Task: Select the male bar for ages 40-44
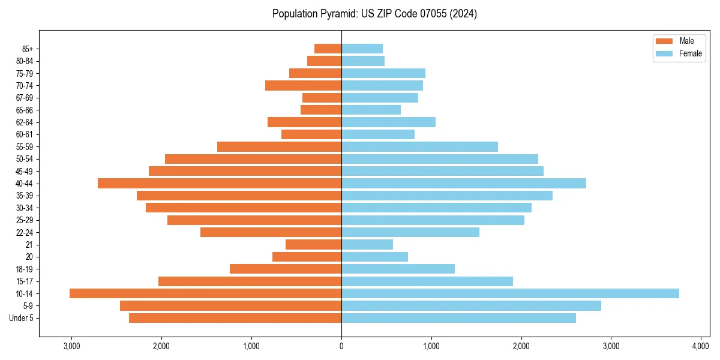(220, 183)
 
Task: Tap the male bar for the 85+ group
(328, 49)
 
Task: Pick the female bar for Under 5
(458, 318)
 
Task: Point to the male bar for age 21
(313, 244)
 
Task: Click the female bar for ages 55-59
(419, 146)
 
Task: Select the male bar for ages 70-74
(303, 85)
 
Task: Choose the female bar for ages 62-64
(388, 122)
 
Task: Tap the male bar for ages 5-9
(230, 305)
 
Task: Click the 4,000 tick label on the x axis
(701, 346)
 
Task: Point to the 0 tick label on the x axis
(341, 346)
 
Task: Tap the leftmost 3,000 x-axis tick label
(71, 346)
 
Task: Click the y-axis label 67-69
(25, 98)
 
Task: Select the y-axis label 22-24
(25, 232)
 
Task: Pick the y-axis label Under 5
(22, 318)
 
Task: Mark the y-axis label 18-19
(25, 269)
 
